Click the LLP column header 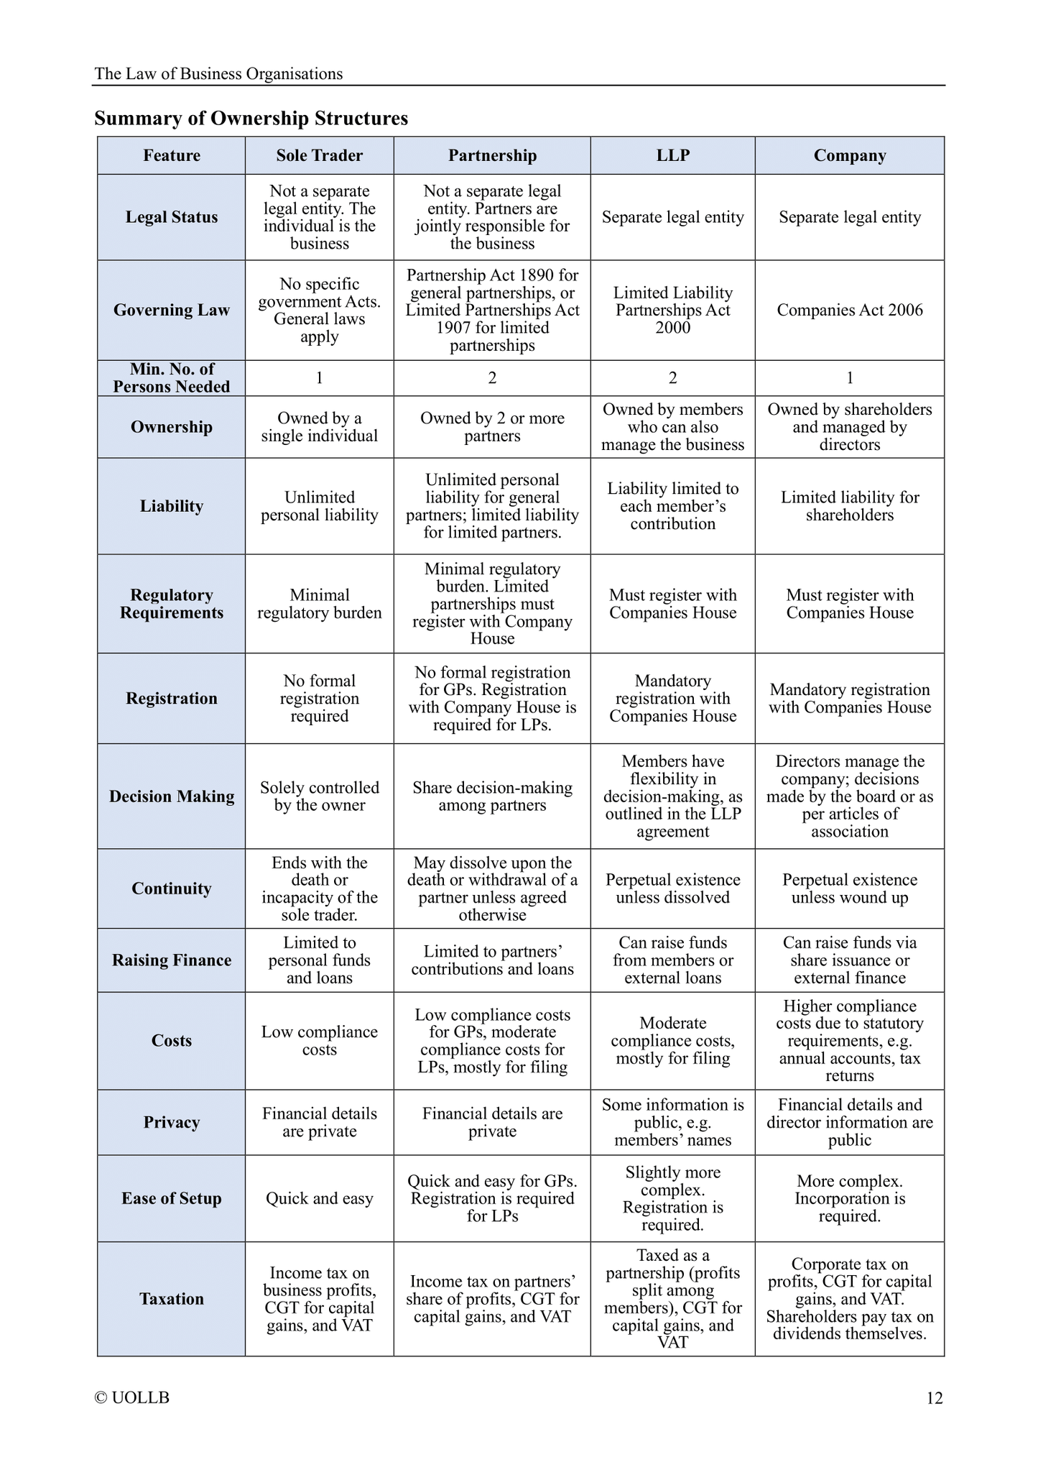pyautogui.click(x=672, y=155)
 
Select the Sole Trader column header pyautogui.click(x=319, y=155)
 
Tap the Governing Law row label pyautogui.click(x=171, y=310)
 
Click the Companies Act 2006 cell pyautogui.click(x=849, y=310)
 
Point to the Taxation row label pyautogui.click(x=171, y=1298)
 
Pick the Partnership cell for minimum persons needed pyautogui.click(x=492, y=377)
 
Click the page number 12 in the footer pyautogui.click(x=934, y=1398)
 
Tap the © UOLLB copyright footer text pyautogui.click(x=132, y=1397)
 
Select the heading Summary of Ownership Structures pyautogui.click(x=251, y=118)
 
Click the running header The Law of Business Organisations pyautogui.click(x=218, y=73)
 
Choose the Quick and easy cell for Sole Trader pyautogui.click(x=319, y=1198)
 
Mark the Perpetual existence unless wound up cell pyautogui.click(x=849, y=888)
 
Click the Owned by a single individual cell pyautogui.click(x=319, y=427)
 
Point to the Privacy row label pyautogui.click(x=171, y=1122)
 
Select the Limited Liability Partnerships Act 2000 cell pyautogui.click(x=672, y=310)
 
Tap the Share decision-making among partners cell pyautogui.click(x=492, y=796)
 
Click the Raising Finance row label pyautogui.click(x=171, y=960)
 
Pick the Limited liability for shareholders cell pyautogui.click(x=849, y=506)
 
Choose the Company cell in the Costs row pyautogui.click(x=849, y=1040)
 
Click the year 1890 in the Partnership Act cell pyautogui.click(x=539, y=275)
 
